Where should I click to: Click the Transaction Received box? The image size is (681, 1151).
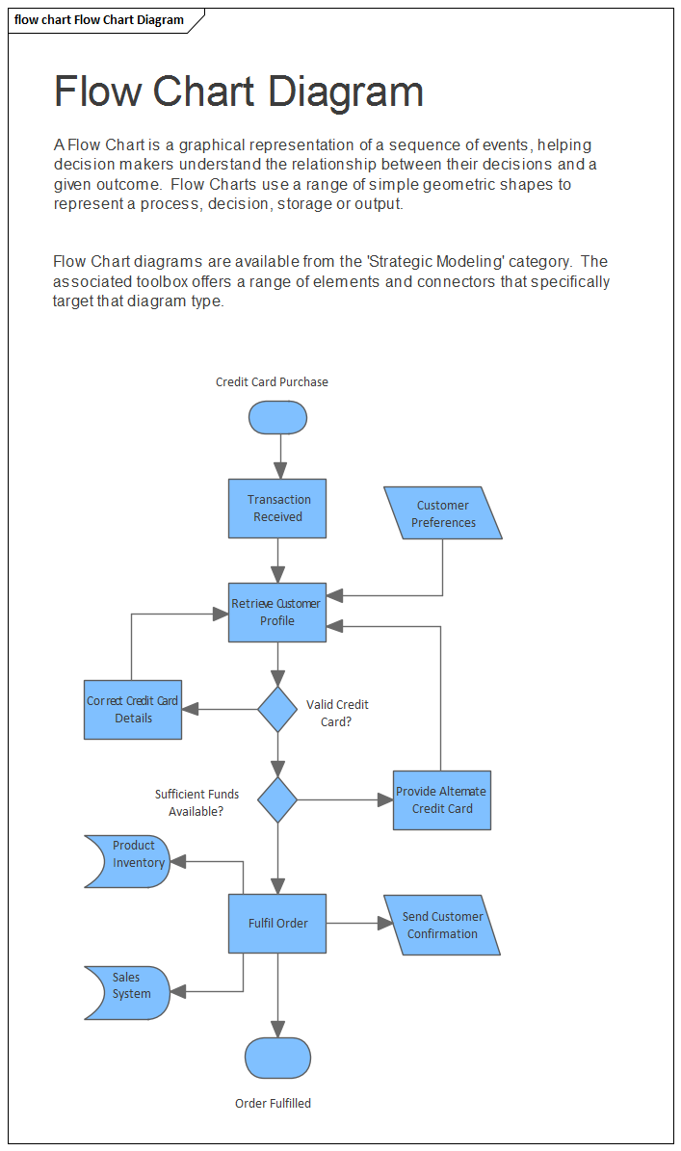pos(277,509)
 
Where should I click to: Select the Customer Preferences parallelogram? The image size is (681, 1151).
pos(443,513)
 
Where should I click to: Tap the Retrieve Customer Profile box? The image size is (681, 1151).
pos(277,613)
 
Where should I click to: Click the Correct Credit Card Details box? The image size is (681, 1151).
pos(133,710)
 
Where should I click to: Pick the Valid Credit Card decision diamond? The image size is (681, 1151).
pos(277,710)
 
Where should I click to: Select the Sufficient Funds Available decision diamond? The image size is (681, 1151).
pos(277,799)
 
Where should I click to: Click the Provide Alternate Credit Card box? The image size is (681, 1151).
pos(442,799)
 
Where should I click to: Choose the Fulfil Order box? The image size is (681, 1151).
pos(277,924)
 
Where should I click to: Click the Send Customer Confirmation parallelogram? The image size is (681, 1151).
pos(442,925)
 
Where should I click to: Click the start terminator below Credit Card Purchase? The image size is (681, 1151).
pos(277,417)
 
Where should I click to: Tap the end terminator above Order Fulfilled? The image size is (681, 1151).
pos(277,1058)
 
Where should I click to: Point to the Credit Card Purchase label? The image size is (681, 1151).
pos(272,382)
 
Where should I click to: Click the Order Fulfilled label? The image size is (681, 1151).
pos(273,1104)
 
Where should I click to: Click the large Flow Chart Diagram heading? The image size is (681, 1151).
pos(239,92)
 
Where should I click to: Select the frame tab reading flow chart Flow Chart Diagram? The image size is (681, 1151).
pos(99,20)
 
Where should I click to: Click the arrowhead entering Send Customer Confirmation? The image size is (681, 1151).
pos(386,924)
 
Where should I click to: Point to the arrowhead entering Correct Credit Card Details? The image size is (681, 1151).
pos(190,710)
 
